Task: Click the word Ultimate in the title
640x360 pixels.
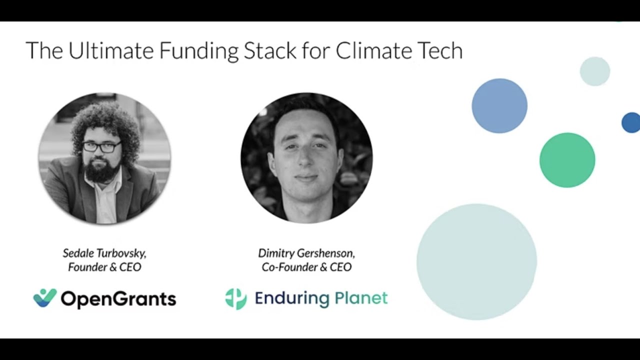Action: (x=111, y=51)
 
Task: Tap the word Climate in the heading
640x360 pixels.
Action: (x=374, y=51)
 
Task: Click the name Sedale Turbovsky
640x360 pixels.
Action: (x=104, y=252)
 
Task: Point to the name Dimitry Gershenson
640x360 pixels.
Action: (x=306, y=252)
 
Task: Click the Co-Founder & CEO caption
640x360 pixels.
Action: (x=306, y=267)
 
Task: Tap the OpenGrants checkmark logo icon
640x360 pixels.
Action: (x=45, y=298)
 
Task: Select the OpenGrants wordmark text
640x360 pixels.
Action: (x=118, y=299)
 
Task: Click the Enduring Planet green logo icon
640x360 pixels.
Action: (x=235, y=298)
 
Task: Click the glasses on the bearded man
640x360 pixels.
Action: (x=101, y=147)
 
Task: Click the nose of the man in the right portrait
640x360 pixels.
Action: (x=305, y=160)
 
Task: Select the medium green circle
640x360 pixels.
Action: (x=567, y=160)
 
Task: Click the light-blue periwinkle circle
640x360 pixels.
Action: (x=499, y=106)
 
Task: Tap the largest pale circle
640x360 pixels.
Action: (x=476, y=261)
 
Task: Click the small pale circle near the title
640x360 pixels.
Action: (x=594, y=71)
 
